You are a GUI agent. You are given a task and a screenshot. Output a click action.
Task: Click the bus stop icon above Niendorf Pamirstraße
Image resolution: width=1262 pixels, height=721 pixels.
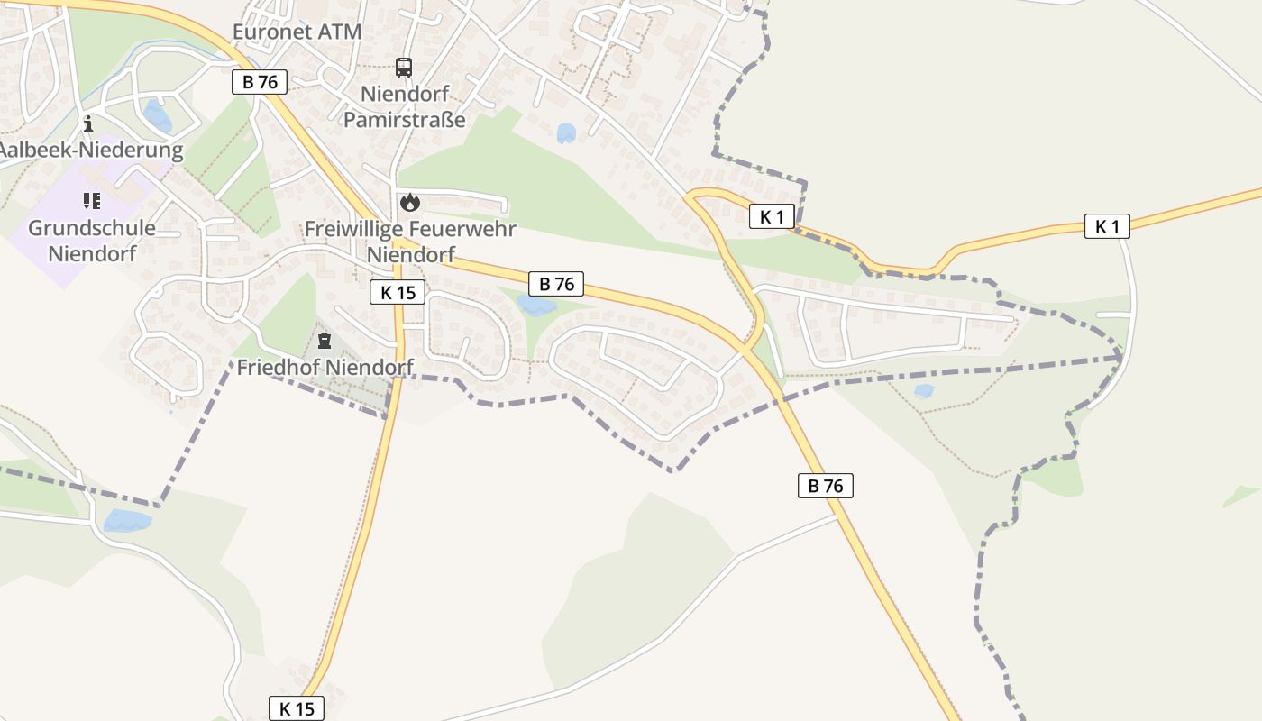tap(404, 67)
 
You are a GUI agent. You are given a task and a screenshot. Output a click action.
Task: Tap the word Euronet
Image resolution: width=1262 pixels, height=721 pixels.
tap(273, 32)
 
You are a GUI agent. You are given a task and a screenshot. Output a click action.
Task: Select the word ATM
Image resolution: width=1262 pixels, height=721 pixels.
tap(340, 32)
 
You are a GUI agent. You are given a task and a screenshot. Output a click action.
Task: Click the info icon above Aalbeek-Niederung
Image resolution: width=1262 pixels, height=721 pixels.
tap(88, 123)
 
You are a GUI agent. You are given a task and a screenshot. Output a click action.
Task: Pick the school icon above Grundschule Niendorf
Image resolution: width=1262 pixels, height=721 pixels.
tap(90, 200)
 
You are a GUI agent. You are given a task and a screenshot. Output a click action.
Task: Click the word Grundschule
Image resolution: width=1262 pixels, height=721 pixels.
tap(92, 228)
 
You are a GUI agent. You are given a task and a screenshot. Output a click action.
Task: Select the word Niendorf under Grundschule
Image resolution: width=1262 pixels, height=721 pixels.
tap(92, 253)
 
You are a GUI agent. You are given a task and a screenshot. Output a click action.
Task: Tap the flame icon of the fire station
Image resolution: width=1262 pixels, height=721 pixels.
tap(410, 202)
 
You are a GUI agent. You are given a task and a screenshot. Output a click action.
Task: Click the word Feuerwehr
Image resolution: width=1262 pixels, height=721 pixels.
tap(467, 229)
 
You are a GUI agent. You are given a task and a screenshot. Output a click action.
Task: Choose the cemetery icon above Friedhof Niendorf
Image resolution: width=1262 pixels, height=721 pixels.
tap(325, 341)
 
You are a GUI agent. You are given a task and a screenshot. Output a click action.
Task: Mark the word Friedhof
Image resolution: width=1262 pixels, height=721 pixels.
tap(279, 367)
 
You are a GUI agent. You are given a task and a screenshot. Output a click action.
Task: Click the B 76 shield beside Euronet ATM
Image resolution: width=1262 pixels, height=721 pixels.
tap(260, 82)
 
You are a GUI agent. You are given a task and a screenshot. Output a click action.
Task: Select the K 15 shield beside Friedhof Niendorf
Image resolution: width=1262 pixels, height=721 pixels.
tap(397, 292)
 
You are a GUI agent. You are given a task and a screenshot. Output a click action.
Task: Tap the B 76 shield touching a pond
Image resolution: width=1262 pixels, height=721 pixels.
tap(556, 284)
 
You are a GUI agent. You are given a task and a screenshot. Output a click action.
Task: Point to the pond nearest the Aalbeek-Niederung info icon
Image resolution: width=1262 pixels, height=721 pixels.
tap(158, 115)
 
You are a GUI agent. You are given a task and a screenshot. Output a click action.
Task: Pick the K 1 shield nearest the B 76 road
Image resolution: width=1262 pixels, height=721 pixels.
tap(773, 216)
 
